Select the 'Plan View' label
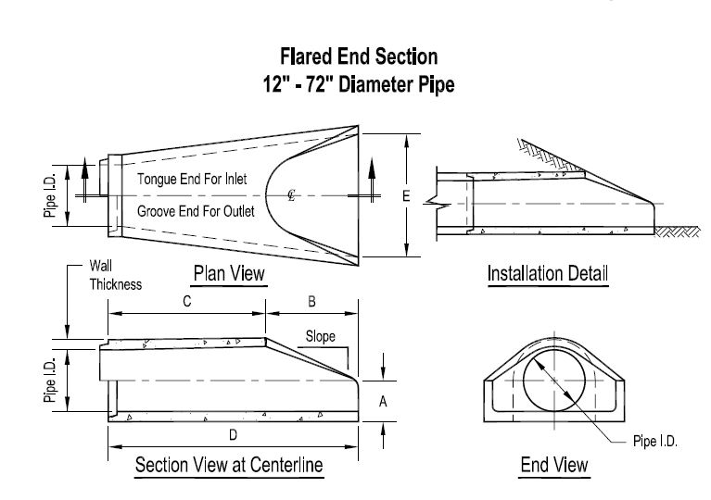click(x=229, y=273)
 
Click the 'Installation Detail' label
click(x=547, y=273)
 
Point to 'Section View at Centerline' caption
click(x=229, y=465)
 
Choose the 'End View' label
click(x=554, y=464)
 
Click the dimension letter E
click(x=407, y=196)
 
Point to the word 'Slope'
click(x=321, y=337)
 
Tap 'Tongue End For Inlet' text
click(x=192, y=179)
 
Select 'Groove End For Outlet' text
click(x=197, y=212)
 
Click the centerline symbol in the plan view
click(x=291, y=196)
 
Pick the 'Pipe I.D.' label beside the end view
click(x=656, y=442)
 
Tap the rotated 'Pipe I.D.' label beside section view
click(x=52, y=381)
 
